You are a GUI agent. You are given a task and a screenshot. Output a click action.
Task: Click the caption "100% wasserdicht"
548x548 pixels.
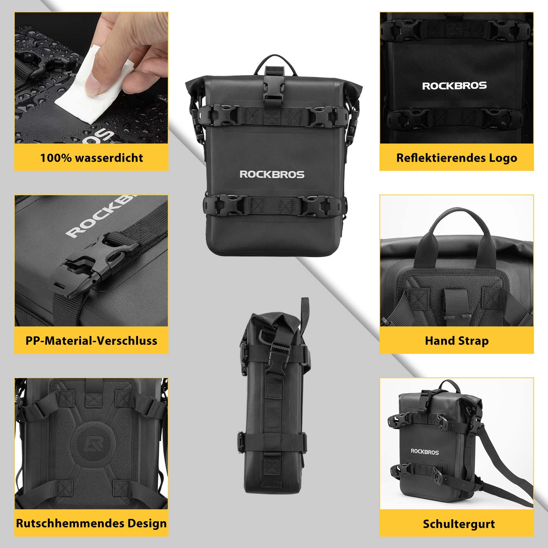click(91, 158)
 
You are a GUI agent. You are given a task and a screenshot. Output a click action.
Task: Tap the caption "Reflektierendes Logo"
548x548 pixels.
click(457, 158)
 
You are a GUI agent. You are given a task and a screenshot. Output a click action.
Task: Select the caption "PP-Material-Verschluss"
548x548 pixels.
click(91, 341)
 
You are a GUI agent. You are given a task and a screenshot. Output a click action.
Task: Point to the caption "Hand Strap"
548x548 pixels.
click(457, 341)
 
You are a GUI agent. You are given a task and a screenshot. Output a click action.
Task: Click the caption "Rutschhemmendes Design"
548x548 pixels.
click(91, 523)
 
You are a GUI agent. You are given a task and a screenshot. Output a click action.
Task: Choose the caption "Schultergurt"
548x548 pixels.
click(459, 524)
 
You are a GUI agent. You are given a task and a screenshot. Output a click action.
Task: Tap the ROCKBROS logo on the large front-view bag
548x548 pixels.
click(272, 175)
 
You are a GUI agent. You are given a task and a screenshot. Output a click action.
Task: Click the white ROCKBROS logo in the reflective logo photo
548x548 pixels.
click(454, 86)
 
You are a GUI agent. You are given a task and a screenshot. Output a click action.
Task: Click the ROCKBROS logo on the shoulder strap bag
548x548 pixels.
click(425, 452)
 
